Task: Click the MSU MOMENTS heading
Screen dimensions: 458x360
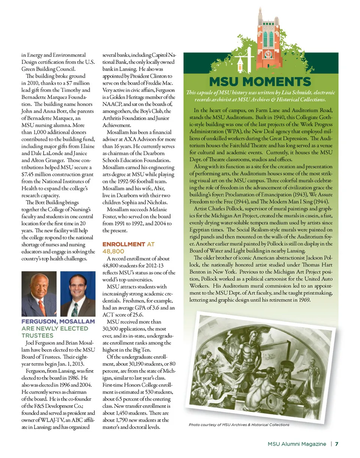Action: tap(260, 82)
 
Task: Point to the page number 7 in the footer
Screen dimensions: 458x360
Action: tap(337, 444)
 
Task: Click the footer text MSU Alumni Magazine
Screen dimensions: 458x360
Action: tap(297, 444)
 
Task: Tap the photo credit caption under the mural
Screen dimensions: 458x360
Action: tap(239, 425)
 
